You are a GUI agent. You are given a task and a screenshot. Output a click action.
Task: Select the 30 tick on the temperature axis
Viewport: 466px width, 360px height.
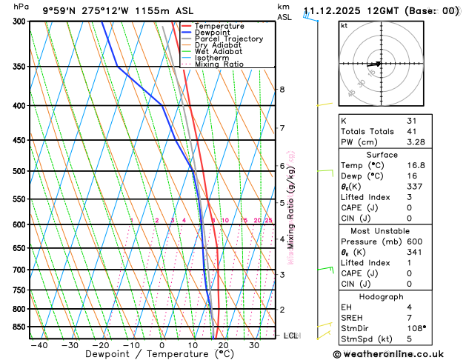coord(254,345)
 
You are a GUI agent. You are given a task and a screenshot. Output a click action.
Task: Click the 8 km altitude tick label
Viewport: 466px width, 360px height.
coord(282,90)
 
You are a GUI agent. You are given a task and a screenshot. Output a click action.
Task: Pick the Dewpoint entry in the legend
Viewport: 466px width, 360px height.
coord(212,33)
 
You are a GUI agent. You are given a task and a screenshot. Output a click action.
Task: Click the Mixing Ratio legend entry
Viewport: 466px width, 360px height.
coord(219,64)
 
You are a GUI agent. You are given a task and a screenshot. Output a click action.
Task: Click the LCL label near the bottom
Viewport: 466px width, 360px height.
coord(291,336)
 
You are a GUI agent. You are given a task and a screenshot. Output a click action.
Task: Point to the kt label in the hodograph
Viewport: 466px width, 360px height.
coord(344,25)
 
